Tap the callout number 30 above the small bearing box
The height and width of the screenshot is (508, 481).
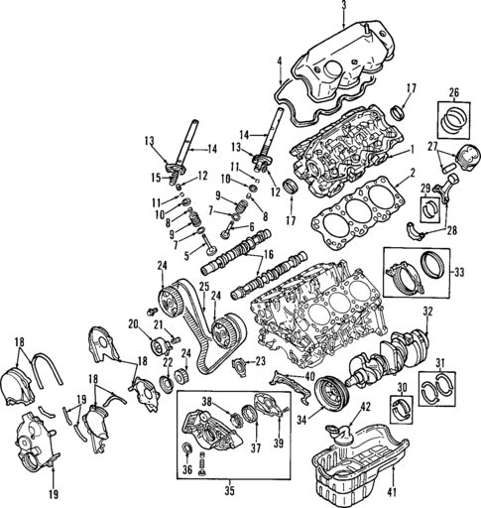pyautogui.click(x=402, y=387)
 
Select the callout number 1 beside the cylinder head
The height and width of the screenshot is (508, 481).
pyautogui.click(x=411, y=151)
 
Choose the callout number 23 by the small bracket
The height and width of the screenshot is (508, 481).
pyautogui.click(x=261, y=361)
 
